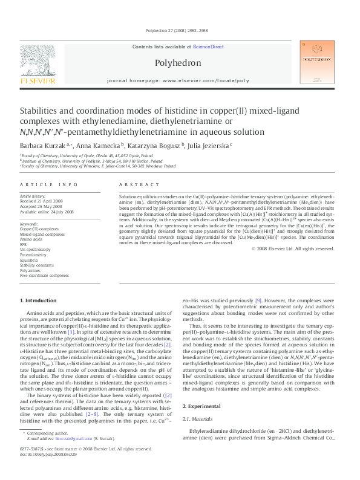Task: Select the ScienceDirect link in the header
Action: click(208, 47)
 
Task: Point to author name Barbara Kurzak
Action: click(44, 145)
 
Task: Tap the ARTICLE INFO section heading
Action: click(48, 184)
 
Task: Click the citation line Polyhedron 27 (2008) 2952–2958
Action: click(180, 30)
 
